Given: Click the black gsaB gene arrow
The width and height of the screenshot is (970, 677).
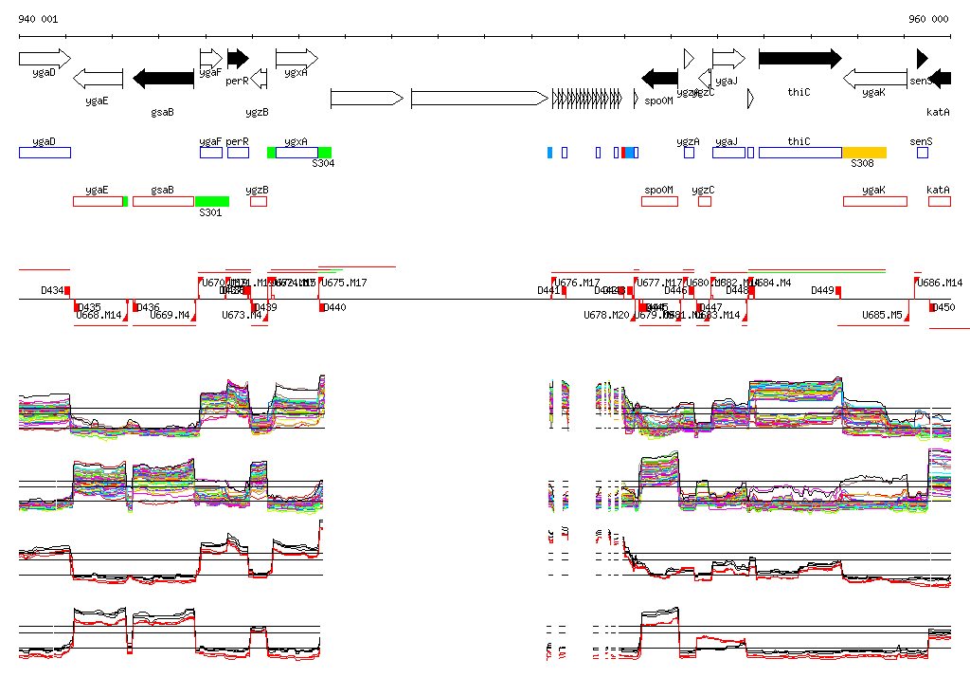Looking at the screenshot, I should pyautogui.click(x=163, y=78).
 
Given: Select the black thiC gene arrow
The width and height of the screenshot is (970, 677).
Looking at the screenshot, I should pyautogui.click(x=799, y=58).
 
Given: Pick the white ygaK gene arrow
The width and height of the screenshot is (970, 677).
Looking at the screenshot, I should pyautogui.click(x=874, y=78).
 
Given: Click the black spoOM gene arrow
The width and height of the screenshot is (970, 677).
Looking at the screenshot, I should pyautogui.click(x=659, y=78).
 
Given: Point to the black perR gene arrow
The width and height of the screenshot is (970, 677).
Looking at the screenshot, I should pyautogui.click(x=238, y=58).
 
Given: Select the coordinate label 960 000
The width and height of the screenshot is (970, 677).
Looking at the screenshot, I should pyautogui.click(x=928, y=19).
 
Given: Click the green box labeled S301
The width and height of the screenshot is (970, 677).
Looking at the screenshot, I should pyautogui.click(x=211, y=201).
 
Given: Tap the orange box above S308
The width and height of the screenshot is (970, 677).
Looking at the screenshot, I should pyautogui.click(x=864, y=153).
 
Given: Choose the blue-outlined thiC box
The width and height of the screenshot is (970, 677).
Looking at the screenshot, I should pyautogui.click(x=799, y=153).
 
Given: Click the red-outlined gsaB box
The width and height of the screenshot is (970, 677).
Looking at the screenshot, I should pyautogui.click(x=163, y=201).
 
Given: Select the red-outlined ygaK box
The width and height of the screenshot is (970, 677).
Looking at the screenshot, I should pyautogui.click(x=874, y=201).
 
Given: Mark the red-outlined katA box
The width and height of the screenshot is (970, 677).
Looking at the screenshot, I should pyautogui.click(x=939, y=201).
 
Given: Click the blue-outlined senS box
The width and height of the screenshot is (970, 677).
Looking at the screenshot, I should pyautogui.click(x=923, y=153).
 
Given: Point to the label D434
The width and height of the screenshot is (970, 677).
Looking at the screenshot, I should pyautogui.click(x=52, y=290).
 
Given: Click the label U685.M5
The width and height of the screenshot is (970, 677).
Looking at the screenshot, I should pyautogui.click(x=881, y=315).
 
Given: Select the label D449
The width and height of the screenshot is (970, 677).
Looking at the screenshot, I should pyautogui.click(x=822, y=290).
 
